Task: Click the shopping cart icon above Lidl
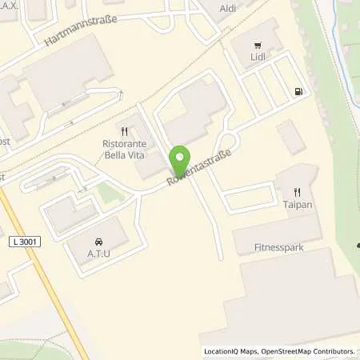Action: [257, 45]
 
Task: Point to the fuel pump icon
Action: [298, 92]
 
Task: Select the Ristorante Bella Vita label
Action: [124, 150]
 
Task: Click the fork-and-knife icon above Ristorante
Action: [124, 131]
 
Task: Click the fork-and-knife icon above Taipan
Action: [298, 192]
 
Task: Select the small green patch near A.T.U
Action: [106, 193]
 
